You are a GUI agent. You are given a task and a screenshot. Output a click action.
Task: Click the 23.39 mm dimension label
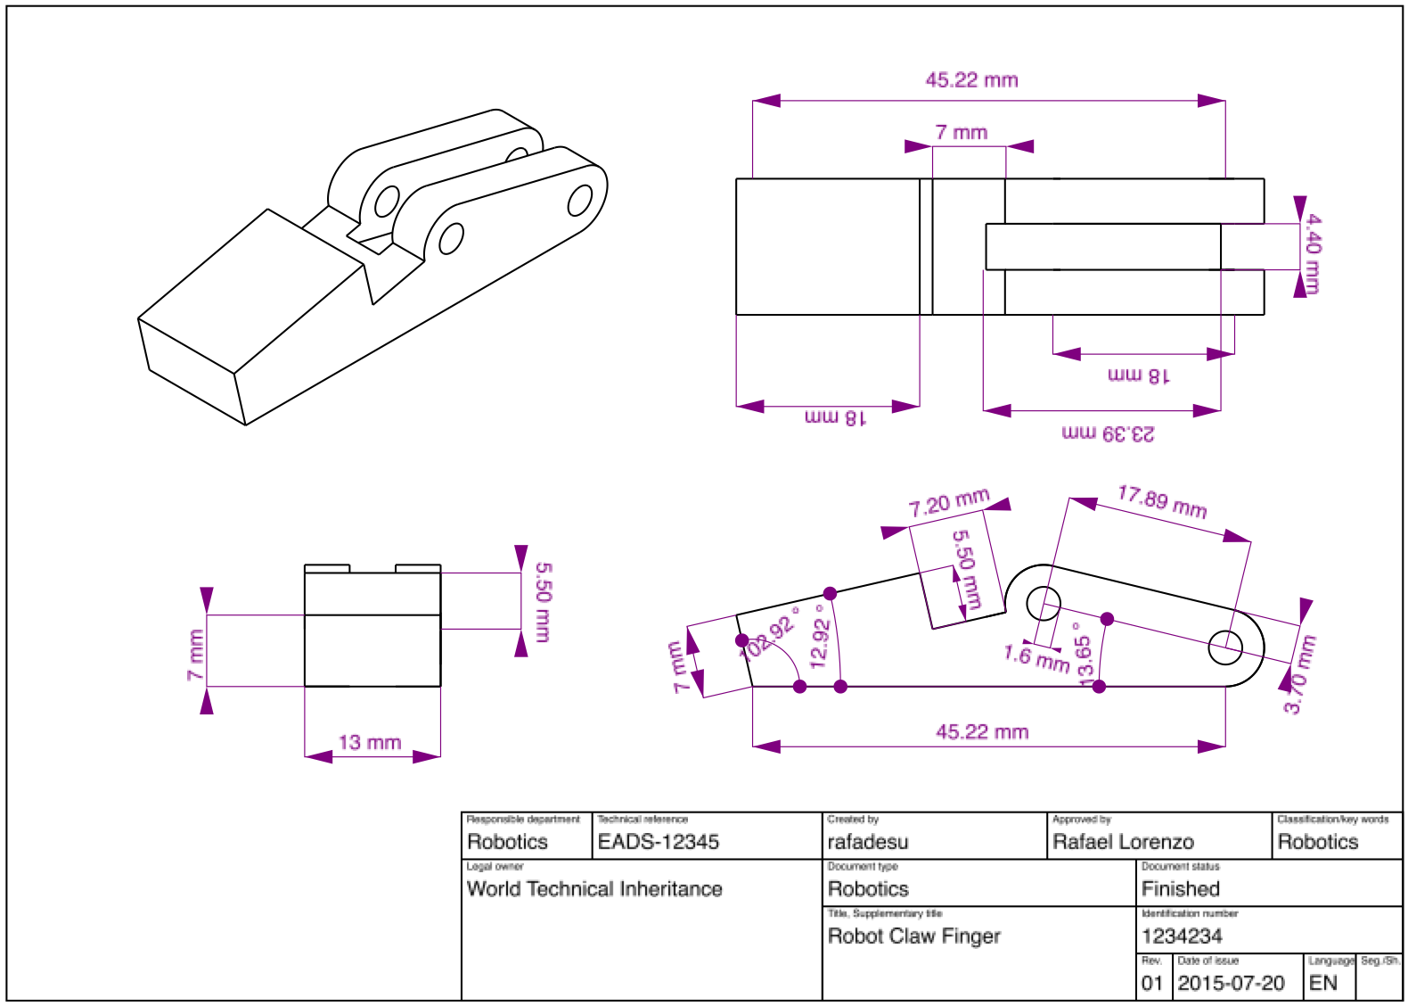1108,434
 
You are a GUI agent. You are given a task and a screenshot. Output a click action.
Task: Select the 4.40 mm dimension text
1313,254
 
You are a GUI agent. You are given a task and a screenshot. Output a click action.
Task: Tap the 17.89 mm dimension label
1162,502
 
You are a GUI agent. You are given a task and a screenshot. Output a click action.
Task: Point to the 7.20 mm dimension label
949,503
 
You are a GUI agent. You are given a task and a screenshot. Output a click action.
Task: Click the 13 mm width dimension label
370,742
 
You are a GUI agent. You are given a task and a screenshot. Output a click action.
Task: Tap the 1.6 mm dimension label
1036,658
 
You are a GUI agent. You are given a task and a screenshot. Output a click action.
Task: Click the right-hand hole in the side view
1225,647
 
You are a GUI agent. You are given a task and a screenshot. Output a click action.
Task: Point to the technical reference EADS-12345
659,841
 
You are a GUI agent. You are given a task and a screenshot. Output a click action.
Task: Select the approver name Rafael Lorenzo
1123,841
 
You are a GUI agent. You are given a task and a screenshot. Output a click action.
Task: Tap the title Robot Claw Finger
914,936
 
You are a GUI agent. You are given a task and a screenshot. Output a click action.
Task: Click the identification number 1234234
1182,936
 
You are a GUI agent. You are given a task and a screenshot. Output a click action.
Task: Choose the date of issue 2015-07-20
1231,983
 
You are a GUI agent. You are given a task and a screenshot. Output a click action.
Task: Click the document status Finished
1181,888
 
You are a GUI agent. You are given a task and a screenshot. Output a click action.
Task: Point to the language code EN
1323,983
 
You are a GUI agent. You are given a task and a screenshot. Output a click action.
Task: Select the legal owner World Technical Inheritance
594,888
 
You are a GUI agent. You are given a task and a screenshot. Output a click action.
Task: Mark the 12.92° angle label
820,637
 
